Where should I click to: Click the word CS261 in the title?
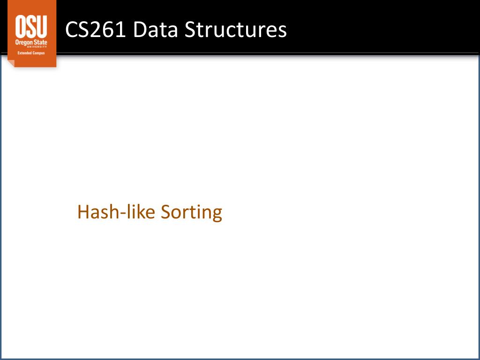click(96, 30)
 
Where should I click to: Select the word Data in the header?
click(156, 30)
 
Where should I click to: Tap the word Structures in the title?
click(236, 30)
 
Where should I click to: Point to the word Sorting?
click(191, 212)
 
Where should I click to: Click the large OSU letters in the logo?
click(31, 26)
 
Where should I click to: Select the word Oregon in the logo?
click(23, 42)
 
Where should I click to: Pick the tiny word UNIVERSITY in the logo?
click(37, 47)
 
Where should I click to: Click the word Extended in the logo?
click(23, 53)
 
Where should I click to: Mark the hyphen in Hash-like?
click(124, 213)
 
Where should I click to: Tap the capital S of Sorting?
click(165, 212)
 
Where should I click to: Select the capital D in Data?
click(140, 30)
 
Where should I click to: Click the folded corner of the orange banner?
click(11, 63)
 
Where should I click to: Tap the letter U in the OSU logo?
click(42, 26)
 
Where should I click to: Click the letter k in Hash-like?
click(141, 211)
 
